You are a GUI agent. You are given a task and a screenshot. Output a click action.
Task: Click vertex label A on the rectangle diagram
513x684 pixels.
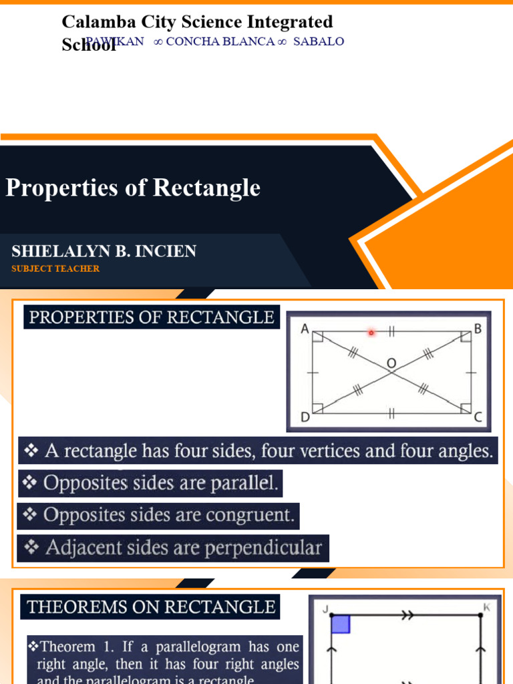[x=304, y=328]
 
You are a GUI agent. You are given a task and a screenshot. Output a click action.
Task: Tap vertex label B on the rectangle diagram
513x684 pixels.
[x=478, y=328]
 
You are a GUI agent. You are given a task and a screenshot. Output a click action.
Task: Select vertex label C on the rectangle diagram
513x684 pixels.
[x=478, y=417]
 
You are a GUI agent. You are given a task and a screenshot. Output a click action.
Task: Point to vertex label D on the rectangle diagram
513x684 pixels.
[x=305, y=417]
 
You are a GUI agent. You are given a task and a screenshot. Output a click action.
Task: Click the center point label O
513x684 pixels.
[x=391, y=363]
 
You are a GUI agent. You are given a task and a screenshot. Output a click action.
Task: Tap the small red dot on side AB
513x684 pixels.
[x=371, y=332]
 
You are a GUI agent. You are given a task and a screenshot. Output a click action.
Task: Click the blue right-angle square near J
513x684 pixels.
[x=341, y=625]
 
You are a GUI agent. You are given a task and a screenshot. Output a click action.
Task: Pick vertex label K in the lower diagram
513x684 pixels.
[x=487, y=607]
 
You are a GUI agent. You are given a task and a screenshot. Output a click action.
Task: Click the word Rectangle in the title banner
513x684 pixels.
[x=207, y=188]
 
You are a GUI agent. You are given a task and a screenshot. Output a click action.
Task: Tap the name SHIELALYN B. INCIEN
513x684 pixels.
[x=104, y=251]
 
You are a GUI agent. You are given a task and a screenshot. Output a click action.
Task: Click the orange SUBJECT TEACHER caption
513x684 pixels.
[x=55, y=269]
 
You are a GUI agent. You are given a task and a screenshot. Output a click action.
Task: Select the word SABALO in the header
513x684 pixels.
[x=319, y=41]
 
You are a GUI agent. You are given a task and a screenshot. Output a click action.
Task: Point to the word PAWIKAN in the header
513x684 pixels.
[x=115, y=41]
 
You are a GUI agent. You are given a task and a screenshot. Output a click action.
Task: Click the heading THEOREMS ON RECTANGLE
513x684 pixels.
[x=152, y=607]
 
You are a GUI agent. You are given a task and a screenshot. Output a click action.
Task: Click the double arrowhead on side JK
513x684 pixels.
[x=407, y=617]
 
